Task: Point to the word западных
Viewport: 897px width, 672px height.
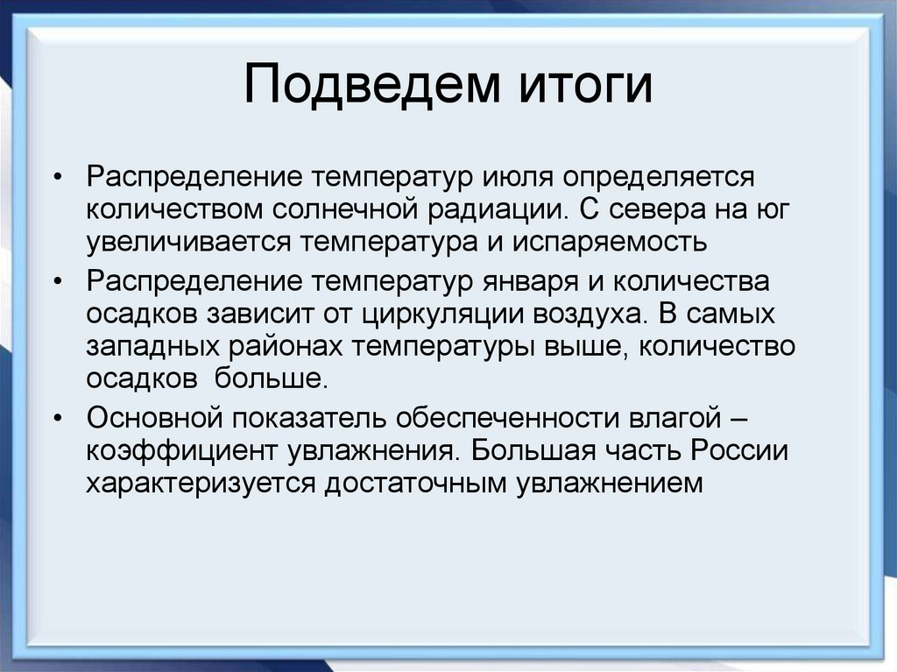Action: click(x=152, y=345)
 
